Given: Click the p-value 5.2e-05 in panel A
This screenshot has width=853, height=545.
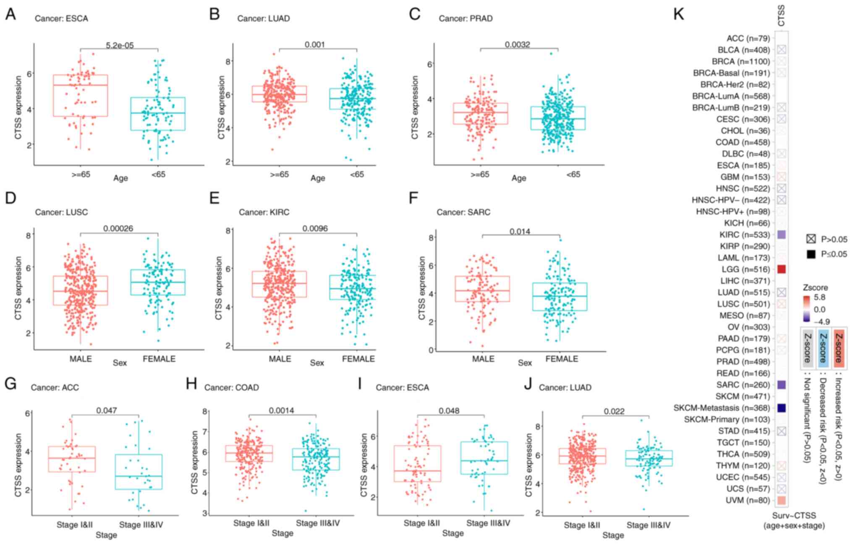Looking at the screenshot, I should click(x=120, y=45).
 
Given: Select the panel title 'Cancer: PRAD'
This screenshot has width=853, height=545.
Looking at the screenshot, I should click(x=466, y=18).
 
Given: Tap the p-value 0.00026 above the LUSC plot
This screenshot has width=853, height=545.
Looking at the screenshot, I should click(x=118, y=228).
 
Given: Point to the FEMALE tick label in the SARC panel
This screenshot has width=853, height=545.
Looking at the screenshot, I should click(x=562, y=359).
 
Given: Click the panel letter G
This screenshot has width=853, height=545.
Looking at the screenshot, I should click(x=10, y=383).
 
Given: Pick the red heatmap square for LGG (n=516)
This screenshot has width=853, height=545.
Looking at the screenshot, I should click(x=781, y=269).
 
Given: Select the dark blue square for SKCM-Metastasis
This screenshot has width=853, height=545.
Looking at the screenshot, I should click(x=781, y=408).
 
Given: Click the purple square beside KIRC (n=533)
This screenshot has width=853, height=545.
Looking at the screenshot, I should click(x=781, y=235).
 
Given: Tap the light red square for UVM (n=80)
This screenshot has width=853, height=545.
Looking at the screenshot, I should click(x=781, y=500).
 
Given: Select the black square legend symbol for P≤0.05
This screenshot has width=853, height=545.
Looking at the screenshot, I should click(x=811, y=254).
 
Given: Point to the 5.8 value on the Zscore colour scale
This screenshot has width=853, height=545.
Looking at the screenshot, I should click(x=819, y=297).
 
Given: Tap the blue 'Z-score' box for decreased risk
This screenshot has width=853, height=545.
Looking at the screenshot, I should click(x=823, y=348).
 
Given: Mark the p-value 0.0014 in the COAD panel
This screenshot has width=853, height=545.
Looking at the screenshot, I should click(x=282, y=410).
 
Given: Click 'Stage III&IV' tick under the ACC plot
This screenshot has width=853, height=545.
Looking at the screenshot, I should click(x=141, y=524).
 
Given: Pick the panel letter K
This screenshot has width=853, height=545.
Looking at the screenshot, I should click(x=678, y=14).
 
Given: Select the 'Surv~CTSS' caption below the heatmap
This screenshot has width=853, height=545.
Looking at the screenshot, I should click(x=794, y=516).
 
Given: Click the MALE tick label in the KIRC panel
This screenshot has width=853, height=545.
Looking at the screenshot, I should click(x=280, y=359).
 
